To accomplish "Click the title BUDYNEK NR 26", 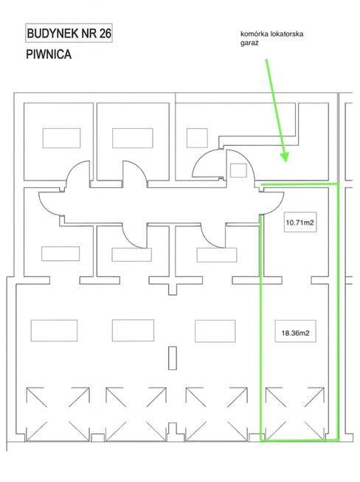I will (69, 34).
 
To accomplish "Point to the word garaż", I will (249, 44).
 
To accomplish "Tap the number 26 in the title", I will (102, 34).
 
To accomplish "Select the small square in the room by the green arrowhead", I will (238, 170).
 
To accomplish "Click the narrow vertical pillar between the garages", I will (173, 357).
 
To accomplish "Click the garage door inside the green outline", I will (293, 413).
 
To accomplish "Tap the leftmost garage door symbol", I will (55, 413).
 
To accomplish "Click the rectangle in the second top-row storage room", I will (132, 138).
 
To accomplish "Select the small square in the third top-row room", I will (197, 138).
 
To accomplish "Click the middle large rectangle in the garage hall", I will (134, 329).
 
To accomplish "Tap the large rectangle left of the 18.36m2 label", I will (215, 330).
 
